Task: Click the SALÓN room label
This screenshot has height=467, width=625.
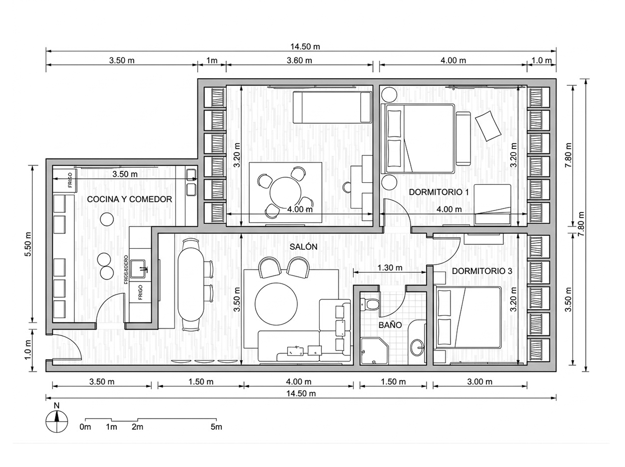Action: (x=303, y=247)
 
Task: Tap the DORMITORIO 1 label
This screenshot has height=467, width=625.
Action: (x=439, y=192)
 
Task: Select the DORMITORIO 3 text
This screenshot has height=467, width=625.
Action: (x=482, y=271)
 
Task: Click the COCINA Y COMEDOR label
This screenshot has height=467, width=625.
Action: (x=129, y=199)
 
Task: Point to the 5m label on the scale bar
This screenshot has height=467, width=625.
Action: (x=216, y=427)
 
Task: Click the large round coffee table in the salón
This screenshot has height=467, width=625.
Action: (x=276, y=304)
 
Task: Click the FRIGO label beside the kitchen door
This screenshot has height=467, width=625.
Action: (x=140, y=292)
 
